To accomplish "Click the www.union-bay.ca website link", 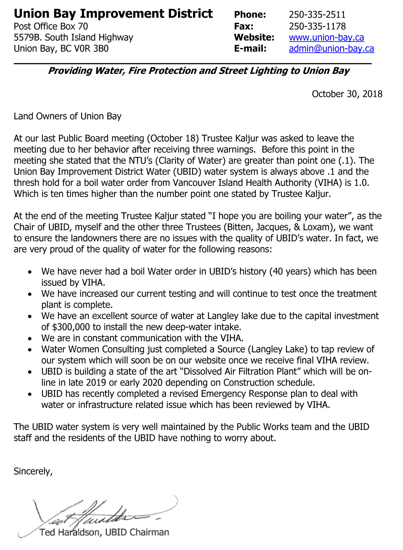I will [x=326, y=37].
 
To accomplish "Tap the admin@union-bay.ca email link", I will [x=331, y=48].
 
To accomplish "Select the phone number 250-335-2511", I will [x=317, y=15].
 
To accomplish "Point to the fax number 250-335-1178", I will [x=317, y=26].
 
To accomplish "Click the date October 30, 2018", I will [x=347, y=94].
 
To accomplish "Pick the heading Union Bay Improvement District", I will [x=113, y=14].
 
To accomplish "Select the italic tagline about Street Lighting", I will [x=199, y=71].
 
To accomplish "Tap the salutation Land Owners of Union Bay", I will [x=68, y=116].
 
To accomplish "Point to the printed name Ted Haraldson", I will [x=70, y=532].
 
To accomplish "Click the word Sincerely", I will [x=33, y=471].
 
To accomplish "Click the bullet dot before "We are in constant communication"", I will [x=29, y=339].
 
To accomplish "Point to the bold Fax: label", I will [x=244, y=26].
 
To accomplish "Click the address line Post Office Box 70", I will [x=51, y=26].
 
